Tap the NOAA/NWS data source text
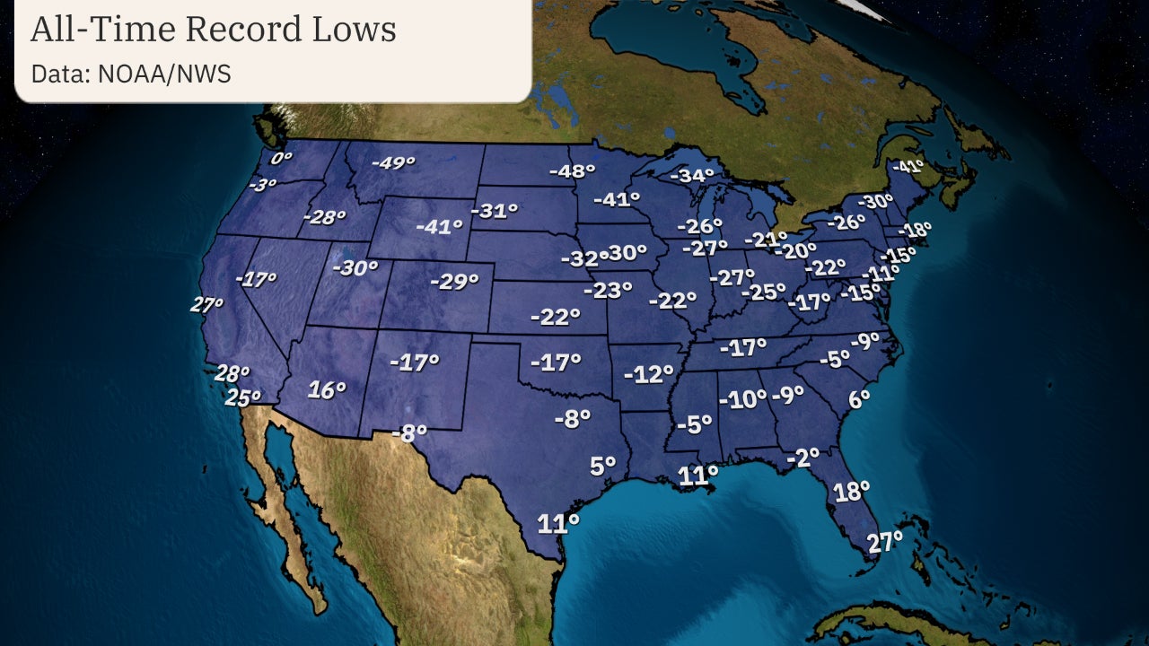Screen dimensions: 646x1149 pyautogui.click(x=165, y=74)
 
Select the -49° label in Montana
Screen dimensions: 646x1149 pyautogui.click(x=393, y=163)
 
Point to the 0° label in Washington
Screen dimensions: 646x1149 pyautogui.click(x=282, y=159)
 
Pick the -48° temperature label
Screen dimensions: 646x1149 pyautogui.click(x=572, y=171)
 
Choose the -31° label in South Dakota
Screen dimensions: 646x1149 pyautogui.click(x=495, y=212)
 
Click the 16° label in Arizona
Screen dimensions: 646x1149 pyautogui.click(x=327, y=390)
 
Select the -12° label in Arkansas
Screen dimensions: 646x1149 pyautogui.click(x=649, y=374)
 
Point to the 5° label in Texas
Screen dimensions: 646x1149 pyautogui.click(x=602, y=466)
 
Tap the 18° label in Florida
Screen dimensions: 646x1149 pyautogui.click(x=851, y=492)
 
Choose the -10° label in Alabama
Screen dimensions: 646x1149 pyautogui.click(x=741, y=399)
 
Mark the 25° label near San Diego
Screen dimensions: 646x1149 pyautogui.click(x=242, y=396)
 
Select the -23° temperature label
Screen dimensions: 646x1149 pyautogui.click(x=608, y=291)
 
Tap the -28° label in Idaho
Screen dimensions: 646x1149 pyautogui.click(x=324, y=217)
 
